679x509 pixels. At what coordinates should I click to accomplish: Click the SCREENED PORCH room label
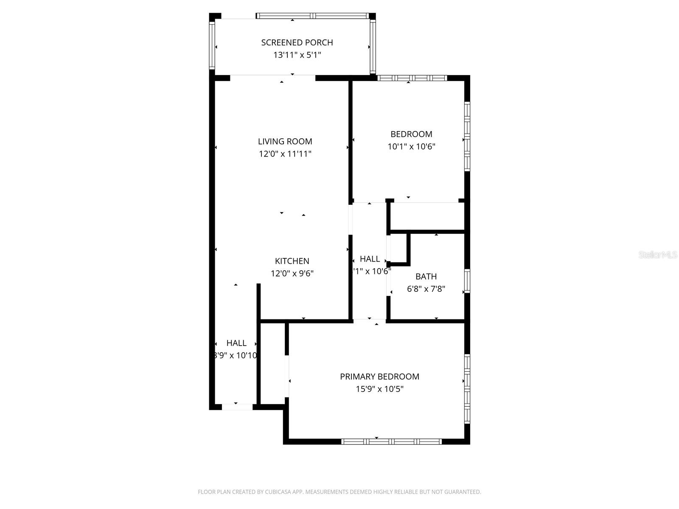297,42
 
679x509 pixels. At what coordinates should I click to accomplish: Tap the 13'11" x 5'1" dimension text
297,55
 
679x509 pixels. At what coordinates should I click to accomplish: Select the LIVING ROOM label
285,141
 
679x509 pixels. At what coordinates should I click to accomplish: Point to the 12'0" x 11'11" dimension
285,154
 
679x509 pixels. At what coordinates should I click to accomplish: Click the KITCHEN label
292,261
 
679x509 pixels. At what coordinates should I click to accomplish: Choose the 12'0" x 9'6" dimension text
292,273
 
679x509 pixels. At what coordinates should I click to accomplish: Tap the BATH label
426,277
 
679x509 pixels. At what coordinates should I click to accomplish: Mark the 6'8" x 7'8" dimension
426,289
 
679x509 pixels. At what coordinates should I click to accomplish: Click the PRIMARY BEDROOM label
379,376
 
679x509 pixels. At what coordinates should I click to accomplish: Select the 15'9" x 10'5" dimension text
379,389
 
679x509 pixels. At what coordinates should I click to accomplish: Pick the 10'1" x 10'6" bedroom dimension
411,146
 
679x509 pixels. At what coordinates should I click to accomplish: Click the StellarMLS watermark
657,255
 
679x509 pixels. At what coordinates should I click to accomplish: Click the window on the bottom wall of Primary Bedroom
391,442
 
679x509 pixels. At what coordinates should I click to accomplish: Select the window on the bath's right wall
467,281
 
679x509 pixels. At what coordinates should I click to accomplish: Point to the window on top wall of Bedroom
412,78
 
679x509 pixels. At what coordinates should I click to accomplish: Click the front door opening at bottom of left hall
237,407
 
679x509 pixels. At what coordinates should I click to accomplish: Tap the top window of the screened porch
313,16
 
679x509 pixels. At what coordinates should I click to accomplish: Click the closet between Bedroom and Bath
427,217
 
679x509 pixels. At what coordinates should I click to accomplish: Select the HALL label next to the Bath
370,259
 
